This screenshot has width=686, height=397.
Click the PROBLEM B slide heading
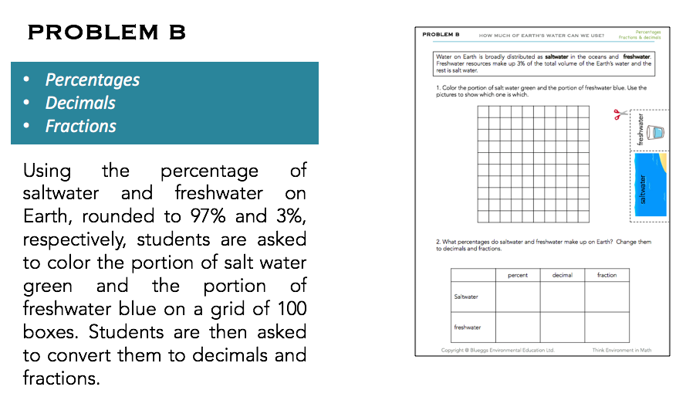coord(106,32)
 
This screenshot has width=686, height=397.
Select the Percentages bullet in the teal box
coord(93,80)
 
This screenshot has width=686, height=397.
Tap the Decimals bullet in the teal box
coord(80,103)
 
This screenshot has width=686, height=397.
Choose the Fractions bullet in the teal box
coord(80,126)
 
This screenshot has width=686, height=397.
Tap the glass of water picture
coord(656,132)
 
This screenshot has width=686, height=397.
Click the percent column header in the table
coord(517,275)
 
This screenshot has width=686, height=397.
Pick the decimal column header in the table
coord(562,275)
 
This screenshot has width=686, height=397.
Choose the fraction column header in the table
coord(607,275)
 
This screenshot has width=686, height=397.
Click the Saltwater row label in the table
coord(466,297)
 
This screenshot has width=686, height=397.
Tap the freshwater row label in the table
coord(468,327)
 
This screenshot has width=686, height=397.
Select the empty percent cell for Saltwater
coord(517,297)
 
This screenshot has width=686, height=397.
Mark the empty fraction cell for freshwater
coord(607,327)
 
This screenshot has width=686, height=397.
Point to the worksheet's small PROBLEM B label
coord(441,35)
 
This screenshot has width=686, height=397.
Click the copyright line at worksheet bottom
coord(497,350)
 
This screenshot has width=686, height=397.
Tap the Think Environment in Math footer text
coord(621,350)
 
